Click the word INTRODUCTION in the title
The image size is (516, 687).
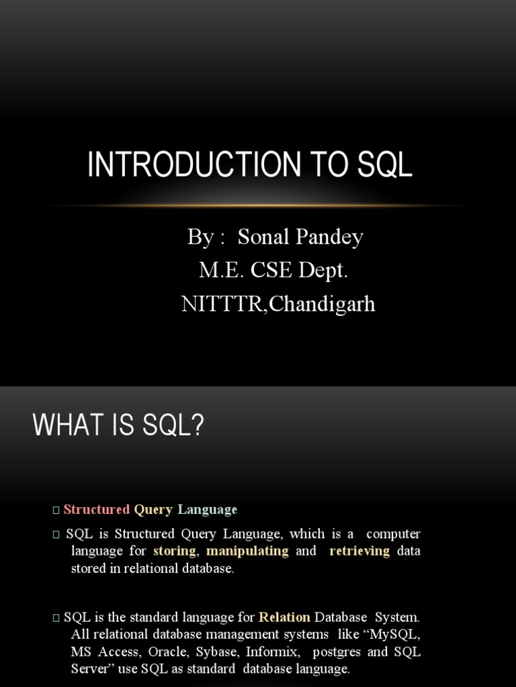coord(194,164)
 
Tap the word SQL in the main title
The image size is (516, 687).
coord(385,164)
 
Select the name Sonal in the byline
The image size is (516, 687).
coord(263,237)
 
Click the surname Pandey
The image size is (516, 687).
coord(329,237)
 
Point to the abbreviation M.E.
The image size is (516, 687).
coord(222,270)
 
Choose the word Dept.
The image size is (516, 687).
coord(323,270)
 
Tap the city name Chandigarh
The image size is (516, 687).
coord(322,304)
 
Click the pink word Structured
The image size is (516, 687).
coord(97,509)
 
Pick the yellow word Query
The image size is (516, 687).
coord(153,510)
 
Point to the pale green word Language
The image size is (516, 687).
coord(207,510)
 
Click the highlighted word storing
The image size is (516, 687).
coord(175,551)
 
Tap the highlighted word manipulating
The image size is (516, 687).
coord(247,551)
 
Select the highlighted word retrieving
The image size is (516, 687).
coord(359,551)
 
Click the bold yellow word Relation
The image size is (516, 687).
coord(284,617)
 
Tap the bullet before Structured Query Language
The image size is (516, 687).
coord(56,510)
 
